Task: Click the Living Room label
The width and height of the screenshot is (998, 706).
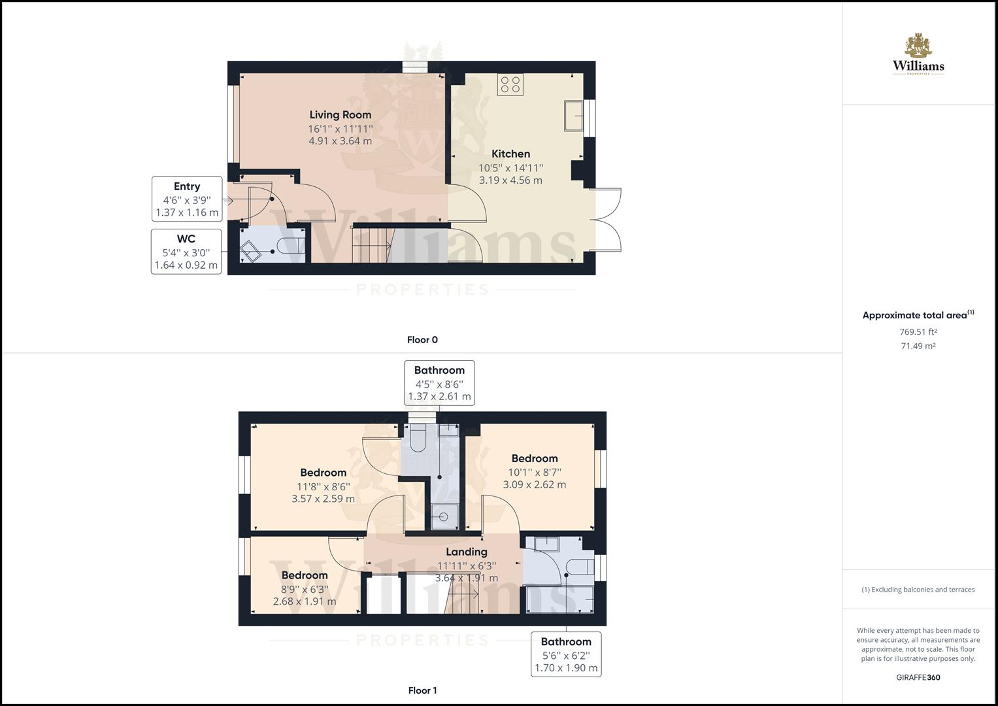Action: (340, 115)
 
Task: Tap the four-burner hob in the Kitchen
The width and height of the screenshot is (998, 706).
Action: (510, 85)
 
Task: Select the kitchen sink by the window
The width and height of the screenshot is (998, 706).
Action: (574, 116)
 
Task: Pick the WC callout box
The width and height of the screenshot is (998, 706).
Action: (186, 252)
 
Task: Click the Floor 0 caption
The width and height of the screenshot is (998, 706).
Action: (422, 340)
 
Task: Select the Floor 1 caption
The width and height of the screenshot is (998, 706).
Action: (422, 690)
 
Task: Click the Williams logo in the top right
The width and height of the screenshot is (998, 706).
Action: (918, 56)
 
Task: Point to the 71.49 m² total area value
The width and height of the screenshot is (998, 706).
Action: (918, 346)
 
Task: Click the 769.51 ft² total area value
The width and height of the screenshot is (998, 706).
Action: (918, 332)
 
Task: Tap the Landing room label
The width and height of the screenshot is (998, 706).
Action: (467, 552)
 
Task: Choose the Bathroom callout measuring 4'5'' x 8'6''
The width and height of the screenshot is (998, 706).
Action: (439, 383)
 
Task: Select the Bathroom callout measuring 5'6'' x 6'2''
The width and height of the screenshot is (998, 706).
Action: (566, 654)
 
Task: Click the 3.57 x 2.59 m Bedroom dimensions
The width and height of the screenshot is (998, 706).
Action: (324, 499)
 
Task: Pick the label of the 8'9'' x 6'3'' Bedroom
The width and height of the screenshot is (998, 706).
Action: (305, 575)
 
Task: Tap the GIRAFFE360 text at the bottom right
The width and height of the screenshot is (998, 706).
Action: (918, 677)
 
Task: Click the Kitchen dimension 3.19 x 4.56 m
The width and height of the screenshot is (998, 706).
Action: (510, 180)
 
